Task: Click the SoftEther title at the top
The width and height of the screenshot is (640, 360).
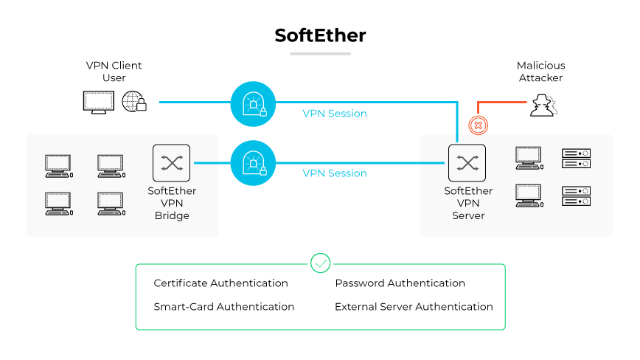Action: tap(320, 35)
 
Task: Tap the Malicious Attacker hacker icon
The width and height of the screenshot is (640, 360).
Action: tap(543, 106)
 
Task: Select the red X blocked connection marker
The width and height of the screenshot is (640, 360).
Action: tap(478, 125)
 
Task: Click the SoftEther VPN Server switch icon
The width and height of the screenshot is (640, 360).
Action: tap(467, 163)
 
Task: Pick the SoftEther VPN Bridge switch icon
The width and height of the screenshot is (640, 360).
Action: tap(171, 163)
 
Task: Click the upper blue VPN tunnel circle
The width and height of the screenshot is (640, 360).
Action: tap(253, 103)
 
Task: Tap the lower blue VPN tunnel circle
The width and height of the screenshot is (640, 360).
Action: tap(253, 163)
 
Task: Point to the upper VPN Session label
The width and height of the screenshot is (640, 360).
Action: tap(335, 114)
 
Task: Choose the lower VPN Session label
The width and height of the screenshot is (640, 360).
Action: tap(335, 173)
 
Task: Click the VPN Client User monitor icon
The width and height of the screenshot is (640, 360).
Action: tap(98, 102)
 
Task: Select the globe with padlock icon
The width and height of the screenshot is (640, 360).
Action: tap(133, 102)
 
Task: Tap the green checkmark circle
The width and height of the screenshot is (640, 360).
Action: tap(320, 263)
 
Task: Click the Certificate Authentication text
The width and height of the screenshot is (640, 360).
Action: tap(220, 283)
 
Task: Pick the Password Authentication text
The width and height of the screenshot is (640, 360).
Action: tap(400, 283)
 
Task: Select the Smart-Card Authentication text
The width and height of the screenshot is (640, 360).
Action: tap(223, 307)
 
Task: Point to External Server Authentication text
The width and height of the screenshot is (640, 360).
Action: tap(414, 307)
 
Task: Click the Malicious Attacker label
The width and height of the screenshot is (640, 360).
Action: tap(540, 72)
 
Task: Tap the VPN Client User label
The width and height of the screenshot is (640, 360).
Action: tap(114, 72)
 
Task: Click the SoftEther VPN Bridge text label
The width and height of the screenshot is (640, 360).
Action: tap(172, 204)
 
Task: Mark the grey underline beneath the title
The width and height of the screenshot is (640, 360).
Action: tap(320, 54)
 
